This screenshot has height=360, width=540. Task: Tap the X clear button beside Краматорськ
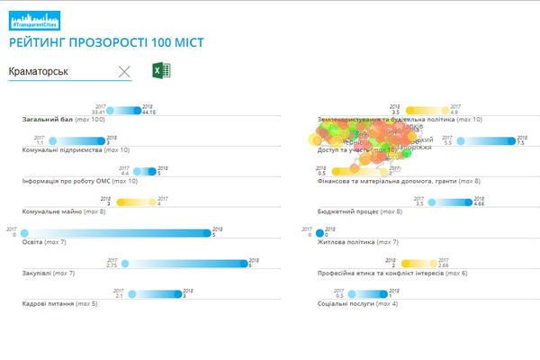click(x=124, y=71)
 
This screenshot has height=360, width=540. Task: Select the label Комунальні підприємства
click(x=61, y=150)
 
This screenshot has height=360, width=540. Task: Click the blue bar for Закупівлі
click(x=184, y=264)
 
